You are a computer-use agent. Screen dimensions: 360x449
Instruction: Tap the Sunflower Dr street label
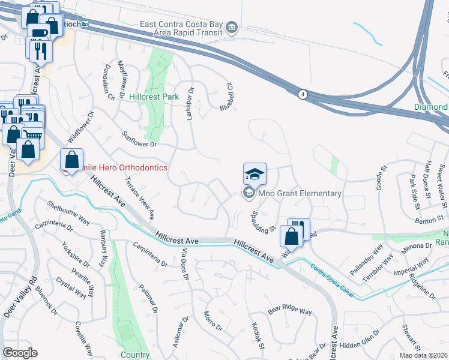[x=139, y=140]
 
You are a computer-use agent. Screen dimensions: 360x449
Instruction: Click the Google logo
[x=20, y=353]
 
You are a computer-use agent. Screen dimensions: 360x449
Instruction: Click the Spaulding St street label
[x=263, y=220]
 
